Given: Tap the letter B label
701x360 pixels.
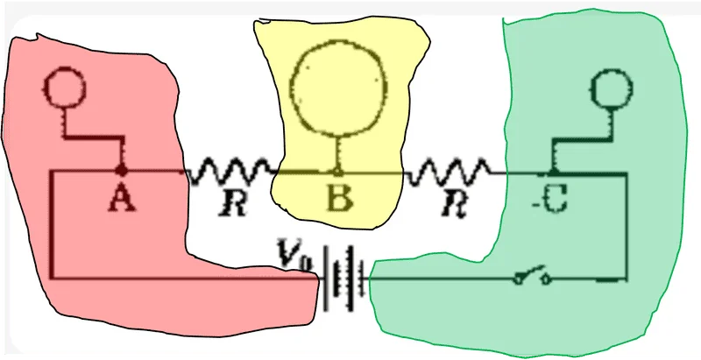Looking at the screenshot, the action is click(339, 198).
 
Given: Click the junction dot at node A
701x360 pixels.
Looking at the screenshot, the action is click(120, 170).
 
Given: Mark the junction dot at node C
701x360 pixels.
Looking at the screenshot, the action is click(553, 172).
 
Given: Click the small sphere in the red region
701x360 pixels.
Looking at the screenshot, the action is click(66, 87).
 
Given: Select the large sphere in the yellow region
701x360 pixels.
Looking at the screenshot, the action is click(338, 88).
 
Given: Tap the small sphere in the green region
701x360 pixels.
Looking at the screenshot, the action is click(611, 88).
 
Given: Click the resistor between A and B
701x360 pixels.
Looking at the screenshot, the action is click(230, 172).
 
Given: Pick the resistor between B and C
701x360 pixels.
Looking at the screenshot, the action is click(448, 172).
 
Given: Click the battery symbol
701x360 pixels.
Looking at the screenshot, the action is click(343, 279).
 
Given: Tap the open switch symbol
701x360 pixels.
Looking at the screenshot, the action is click(532, 276).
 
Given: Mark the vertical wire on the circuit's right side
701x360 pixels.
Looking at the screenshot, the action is click(626, 225).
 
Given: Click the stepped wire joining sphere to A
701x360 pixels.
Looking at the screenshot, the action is click(92, 138).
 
